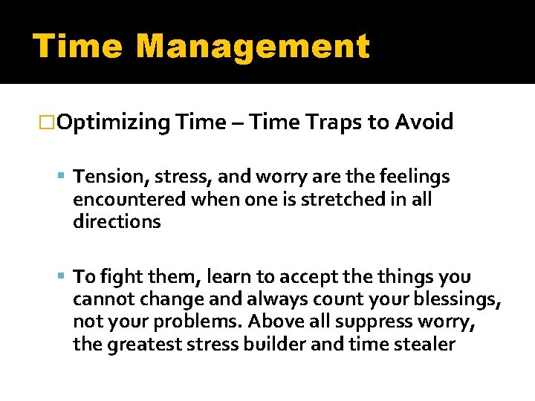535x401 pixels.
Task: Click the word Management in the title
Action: [253, 46]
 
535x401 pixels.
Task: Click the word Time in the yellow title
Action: [77, 46]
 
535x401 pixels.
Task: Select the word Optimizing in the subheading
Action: [113, 123]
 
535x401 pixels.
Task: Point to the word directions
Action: [117, 222]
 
